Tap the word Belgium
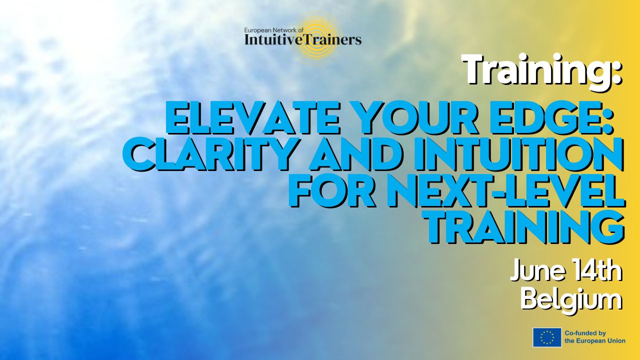pos(571,300)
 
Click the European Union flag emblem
pos(547,337)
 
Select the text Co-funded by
pos(585,333)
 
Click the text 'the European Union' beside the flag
pos(595,340)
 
